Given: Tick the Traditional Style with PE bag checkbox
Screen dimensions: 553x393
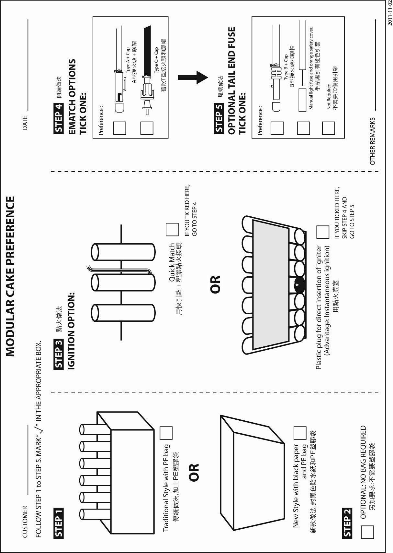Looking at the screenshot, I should click(166, 433).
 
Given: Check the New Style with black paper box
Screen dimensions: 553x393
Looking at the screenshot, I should click(300, 433).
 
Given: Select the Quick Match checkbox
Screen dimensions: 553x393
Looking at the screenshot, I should click(172, 229).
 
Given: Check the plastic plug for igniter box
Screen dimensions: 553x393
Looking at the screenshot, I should click(322, 232).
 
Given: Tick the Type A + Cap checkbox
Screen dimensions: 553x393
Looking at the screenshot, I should click(119, 128).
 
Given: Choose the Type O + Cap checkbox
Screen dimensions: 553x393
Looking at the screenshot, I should click(147, 128).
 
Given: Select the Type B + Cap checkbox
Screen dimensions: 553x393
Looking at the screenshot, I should click(277, 128).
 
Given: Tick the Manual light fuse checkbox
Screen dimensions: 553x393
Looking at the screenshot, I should click(303, 128).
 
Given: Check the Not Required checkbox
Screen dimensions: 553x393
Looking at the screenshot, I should click(328, 128).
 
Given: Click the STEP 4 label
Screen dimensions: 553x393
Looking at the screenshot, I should click(59, 118).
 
